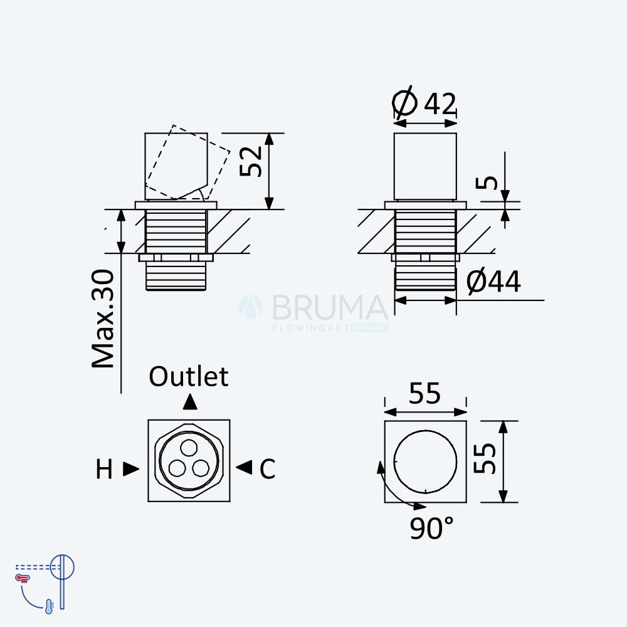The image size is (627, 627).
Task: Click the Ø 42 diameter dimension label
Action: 424,103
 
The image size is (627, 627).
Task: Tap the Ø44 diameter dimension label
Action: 494,281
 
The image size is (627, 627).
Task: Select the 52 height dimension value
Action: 251,162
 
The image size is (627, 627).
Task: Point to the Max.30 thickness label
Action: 103,319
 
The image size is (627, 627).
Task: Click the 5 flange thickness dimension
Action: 487,182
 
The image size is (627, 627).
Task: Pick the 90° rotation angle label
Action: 432,528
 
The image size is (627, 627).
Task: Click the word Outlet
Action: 189,376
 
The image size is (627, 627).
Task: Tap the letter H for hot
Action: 104,469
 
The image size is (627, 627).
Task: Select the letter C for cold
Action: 268,468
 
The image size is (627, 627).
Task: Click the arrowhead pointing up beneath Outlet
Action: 190,402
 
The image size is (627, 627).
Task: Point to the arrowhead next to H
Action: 131,468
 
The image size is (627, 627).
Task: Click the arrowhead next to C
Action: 244,467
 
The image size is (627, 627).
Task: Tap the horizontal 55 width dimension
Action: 424,394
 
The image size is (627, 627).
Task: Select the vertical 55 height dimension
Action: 485,458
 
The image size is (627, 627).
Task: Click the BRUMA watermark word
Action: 330,307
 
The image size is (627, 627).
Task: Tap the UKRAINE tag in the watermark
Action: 370,328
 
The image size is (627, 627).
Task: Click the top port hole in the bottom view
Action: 189,448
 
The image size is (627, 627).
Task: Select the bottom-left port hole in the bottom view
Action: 177,468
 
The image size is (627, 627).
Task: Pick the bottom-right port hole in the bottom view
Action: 201,468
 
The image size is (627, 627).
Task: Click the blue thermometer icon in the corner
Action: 49,606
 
